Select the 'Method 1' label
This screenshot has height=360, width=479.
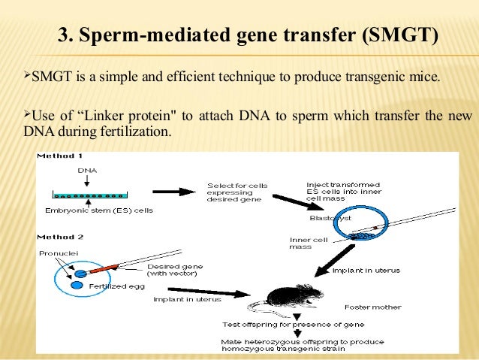point(60,156)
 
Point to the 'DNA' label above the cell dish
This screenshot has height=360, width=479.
point(88,171)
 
